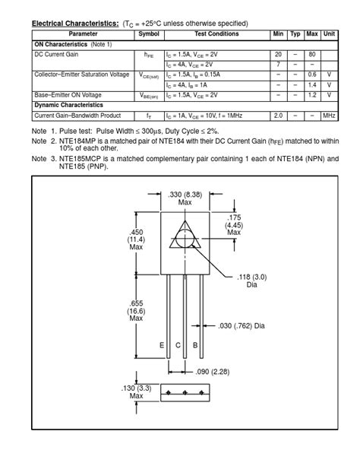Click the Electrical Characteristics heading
(x=75, y=24)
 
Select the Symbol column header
(x=149, y=34)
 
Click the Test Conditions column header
(x=216, y=34)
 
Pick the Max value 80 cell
(x=311, y=55)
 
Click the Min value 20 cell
(x=278, y=55)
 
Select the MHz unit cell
(x=329, y=116)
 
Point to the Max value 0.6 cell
(x=311, y=75)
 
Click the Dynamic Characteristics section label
(x=69, y=105)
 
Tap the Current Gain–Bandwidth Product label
(x=77, y=116)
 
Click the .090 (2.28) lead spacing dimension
(x=213, y=372)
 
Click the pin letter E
(x=162, y=345)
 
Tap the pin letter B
(x=195, y=345)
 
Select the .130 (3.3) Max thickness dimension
(x=136, y=392)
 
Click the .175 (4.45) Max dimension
(x=235, y=225)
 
